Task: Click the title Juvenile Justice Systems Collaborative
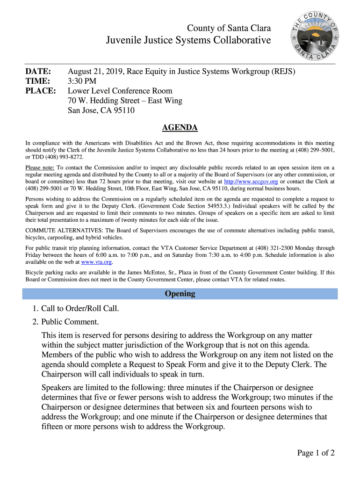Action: tap(188, 41)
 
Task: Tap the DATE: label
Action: tap(38, 72)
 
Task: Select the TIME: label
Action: tap(37, 81)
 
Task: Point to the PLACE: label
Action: tap(40, 91)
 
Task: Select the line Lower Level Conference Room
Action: tap(120, 91)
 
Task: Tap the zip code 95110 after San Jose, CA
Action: tap(123, 110)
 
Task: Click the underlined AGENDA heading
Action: tap(180, 128)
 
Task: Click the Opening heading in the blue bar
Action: tap(180, 294)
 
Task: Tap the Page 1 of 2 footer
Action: tap(316, 453)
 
